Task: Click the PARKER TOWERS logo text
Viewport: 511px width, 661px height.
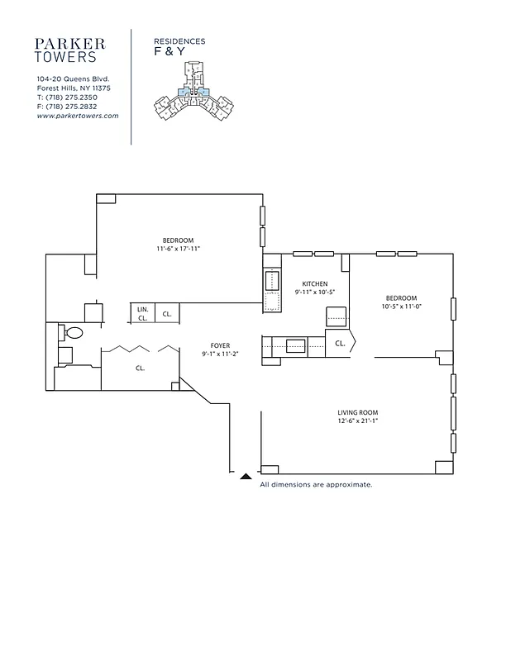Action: pos(69,50)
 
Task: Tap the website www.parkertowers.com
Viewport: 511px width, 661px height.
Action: pos(78,116)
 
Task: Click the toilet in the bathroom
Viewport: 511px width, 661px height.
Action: pos(73,333)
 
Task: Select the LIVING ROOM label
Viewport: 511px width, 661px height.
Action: pos(357,412)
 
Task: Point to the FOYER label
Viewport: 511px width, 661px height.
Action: pos(219,345)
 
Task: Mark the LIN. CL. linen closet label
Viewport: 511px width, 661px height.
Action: pos(142,313)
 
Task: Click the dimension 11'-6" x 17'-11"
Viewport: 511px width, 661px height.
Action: pos(179,249)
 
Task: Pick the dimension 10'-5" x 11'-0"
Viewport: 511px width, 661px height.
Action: pos(400,307)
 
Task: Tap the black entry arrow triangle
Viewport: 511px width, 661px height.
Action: pos(246,476)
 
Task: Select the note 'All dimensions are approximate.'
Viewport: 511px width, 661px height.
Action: pos(316,484)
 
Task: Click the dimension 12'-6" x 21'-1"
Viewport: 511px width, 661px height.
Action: pos(357,421)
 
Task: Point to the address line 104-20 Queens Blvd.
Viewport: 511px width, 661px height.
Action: pos(74,78)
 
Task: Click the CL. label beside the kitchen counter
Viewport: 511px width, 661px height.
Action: pos(340,342)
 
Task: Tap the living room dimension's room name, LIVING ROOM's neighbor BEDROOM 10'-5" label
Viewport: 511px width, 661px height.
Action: pos(400,297)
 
